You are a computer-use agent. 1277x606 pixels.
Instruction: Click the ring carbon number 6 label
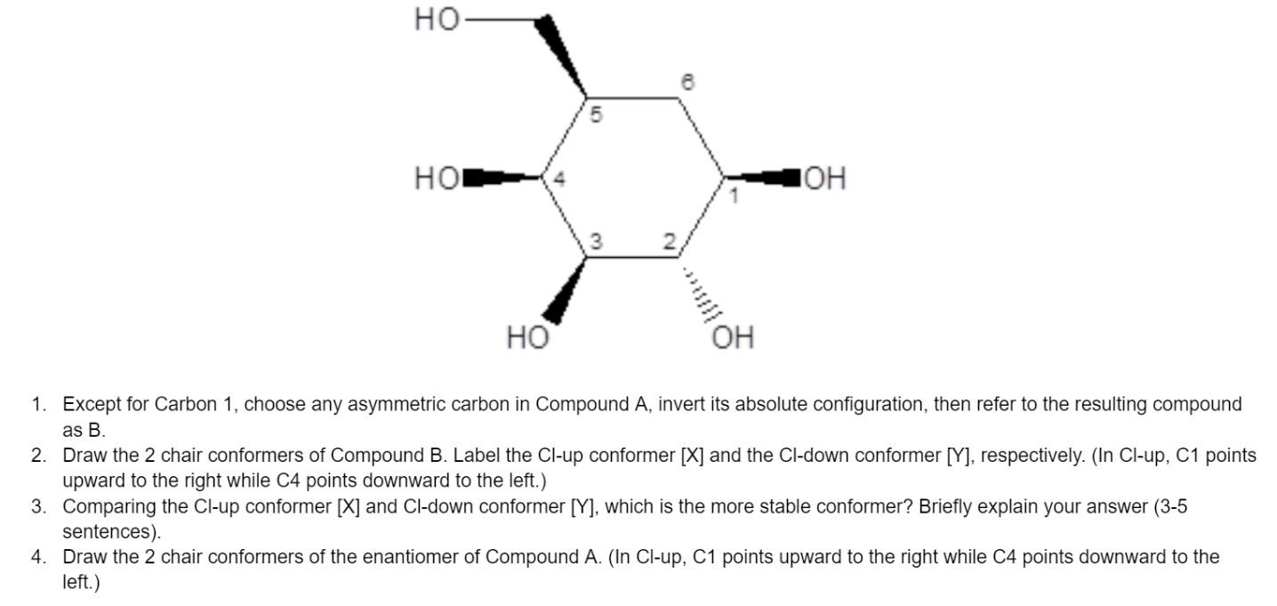pos(688,82)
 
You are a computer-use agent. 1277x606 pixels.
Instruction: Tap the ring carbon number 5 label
pos(596,116)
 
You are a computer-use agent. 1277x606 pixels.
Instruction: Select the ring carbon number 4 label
pos(559,179)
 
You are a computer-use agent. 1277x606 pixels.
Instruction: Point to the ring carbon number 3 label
pos(596,241)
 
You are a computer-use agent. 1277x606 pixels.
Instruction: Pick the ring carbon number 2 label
pos(669,241)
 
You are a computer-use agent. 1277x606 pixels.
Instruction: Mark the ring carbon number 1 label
pos(735,196)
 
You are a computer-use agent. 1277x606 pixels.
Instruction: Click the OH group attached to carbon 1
pos(824,178)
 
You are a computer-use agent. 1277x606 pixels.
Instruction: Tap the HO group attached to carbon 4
pos(437,178)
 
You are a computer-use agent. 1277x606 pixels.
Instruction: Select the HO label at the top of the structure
pos(437,20)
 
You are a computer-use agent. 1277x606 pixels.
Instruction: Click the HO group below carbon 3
pos(528,337)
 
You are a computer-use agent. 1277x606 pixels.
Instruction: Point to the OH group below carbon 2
pos(733,337)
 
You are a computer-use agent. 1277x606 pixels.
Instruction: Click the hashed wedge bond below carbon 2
pos(700,291)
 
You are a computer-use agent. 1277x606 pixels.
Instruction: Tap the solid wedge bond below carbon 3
pos(565,291)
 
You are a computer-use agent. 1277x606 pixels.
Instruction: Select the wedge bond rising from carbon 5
pos(560,56)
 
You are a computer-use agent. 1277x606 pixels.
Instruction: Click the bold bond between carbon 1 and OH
pos(762,178)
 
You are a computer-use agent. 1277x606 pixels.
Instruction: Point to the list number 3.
pos(38,506)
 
